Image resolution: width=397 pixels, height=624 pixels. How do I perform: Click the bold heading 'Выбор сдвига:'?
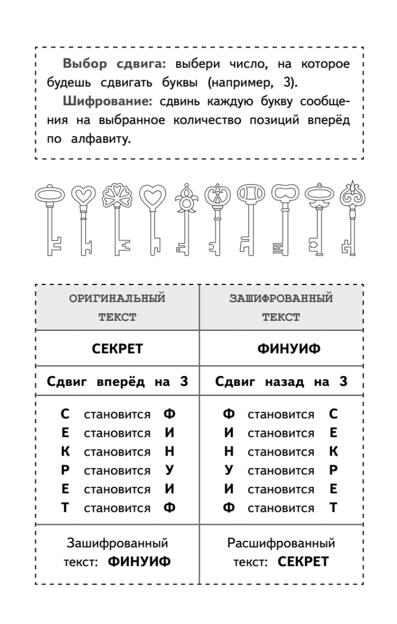click(114, 64)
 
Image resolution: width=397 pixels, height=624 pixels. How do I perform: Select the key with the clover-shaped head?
click(116, 218)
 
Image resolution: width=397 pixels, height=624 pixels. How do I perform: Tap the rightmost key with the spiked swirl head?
click(349, 218)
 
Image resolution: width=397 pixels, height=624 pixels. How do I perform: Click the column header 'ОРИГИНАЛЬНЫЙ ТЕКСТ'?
click(117, 308)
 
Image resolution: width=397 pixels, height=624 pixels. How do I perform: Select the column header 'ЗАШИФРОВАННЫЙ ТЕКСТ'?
click(281, 308)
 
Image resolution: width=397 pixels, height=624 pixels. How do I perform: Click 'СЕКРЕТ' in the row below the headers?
click(117, 348)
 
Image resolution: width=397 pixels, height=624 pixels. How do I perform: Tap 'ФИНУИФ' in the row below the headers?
click(281, 348)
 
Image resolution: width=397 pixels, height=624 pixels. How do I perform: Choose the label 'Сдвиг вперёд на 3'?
click(117, 382)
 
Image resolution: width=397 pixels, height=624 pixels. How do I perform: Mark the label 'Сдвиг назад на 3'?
click(281, 382)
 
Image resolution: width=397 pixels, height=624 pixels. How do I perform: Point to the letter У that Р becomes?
click(169, 471)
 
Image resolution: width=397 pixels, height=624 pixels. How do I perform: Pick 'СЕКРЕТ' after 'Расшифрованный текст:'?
click(303, 562)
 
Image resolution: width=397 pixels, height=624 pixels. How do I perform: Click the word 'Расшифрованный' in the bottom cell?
click(281, 544)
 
